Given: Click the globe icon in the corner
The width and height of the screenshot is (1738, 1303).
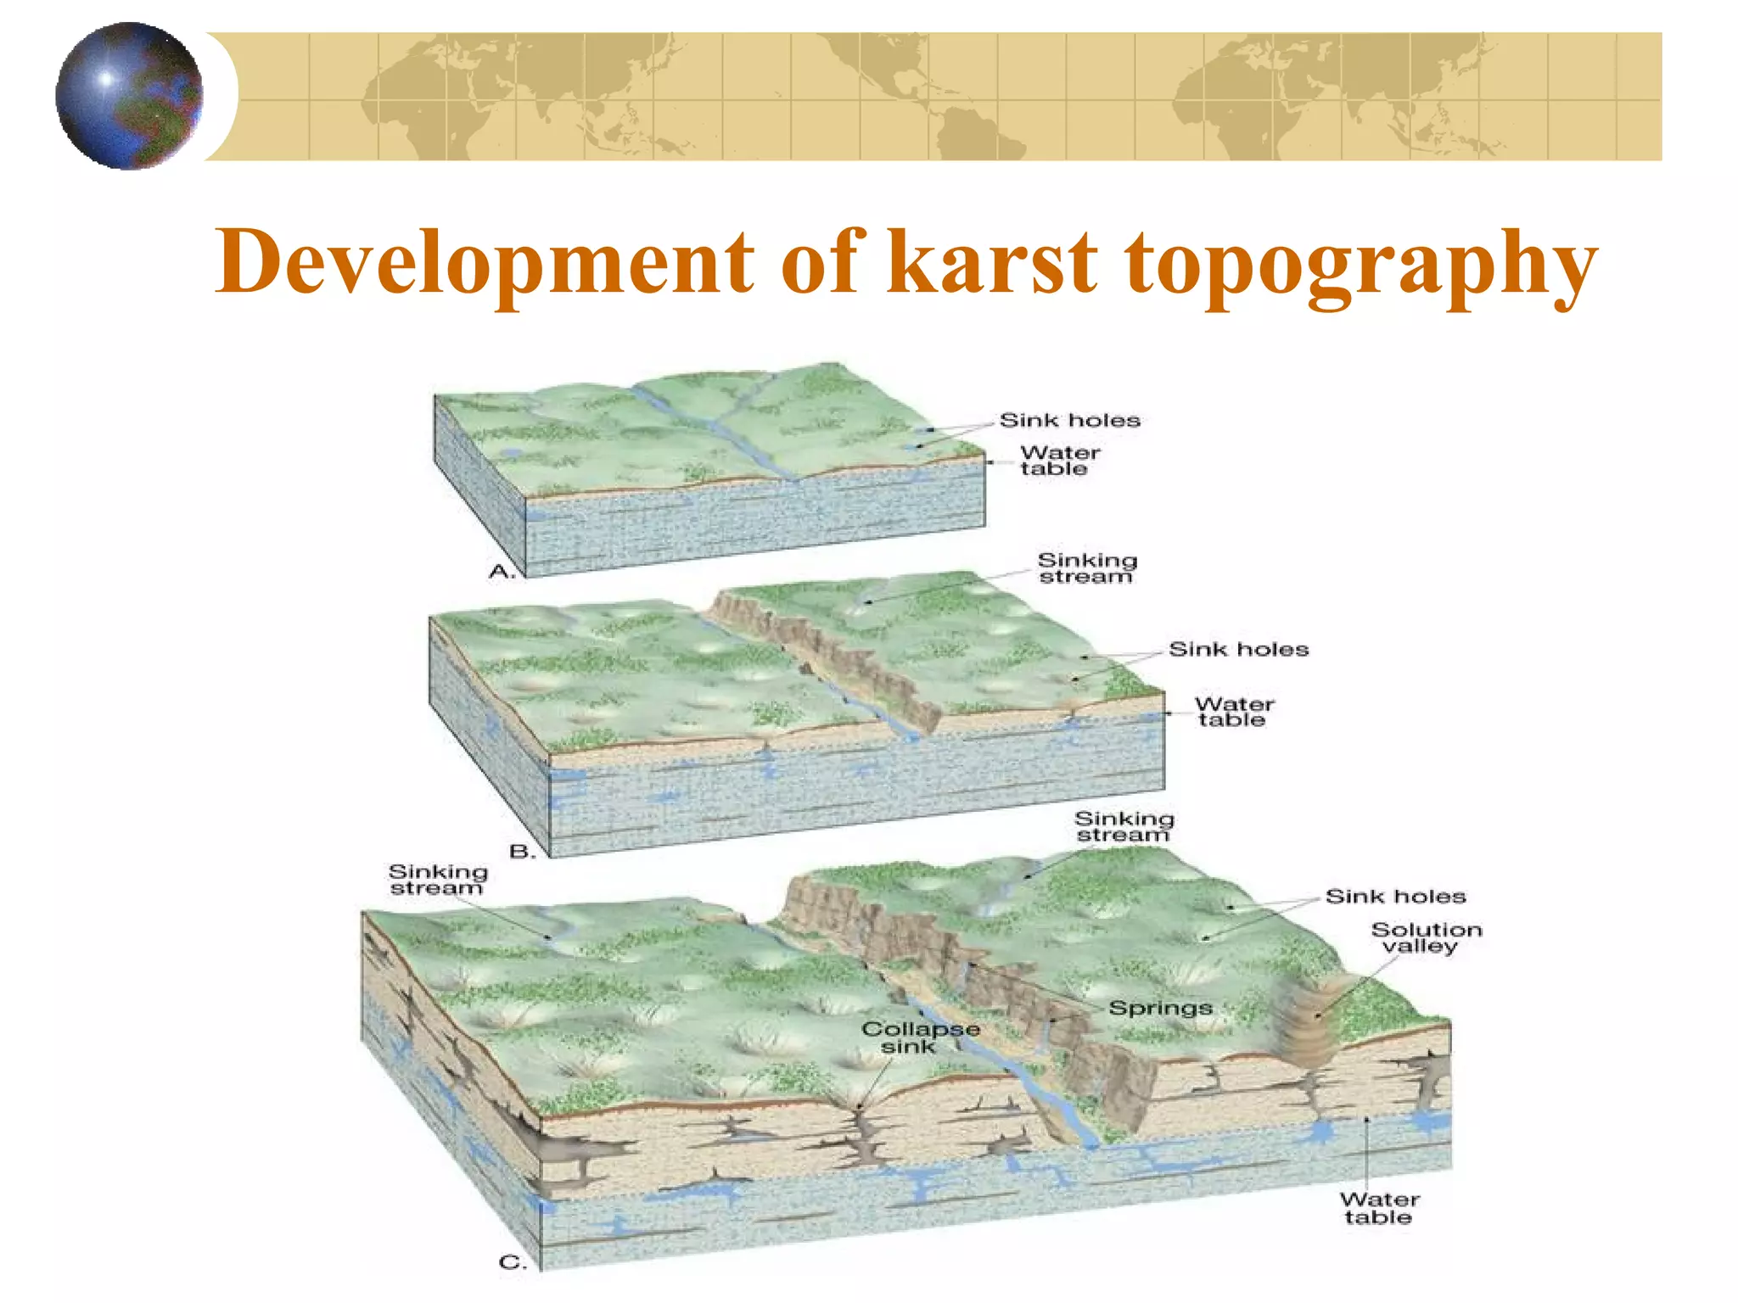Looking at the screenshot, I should pyautogui.click(x=129, y=96).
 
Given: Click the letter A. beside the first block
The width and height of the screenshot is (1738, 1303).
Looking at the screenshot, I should pyautogui.click(x=502, y=573).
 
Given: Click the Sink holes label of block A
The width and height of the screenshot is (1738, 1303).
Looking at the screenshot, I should pyautogui.click(x=1069, y=420).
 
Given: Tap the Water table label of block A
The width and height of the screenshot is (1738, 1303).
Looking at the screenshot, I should pyautogui.click(x=1059, y=461).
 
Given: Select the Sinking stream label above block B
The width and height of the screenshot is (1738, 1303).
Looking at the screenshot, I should pyautogui.click(x=1087, y=568).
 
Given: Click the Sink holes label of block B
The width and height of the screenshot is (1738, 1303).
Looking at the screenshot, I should pyautogui.click(x=1238, y=650).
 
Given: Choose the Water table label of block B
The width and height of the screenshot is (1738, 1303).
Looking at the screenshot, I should pyautogui.click(x=1234, y=712).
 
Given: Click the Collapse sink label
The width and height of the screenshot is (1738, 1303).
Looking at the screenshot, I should pyautogui.click(x=920, y=1037).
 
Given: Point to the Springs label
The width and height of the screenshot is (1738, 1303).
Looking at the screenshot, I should pyautogui.click(x=1160, y=1008).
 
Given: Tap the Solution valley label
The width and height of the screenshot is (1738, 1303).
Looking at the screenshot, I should pyautogui.click(x=1426, y=937).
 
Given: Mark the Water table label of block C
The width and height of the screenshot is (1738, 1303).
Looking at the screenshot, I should pyautogui.click(x=1379, y=1208).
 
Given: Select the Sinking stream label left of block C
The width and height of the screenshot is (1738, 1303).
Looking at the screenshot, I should pyautogui.click(x=438, y=880).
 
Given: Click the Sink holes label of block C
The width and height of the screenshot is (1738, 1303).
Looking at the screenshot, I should pyautogui.click(x=1395, y=897).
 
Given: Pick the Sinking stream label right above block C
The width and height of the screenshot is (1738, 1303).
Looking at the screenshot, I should pyautogui.click(x=1124, y=826).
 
